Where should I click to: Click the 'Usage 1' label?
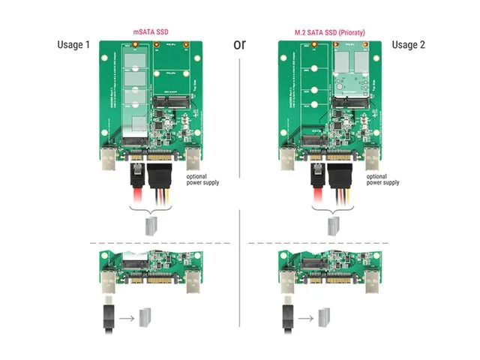pyautogui.click(x=73, y=45)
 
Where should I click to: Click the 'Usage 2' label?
pyautogui.click(x=407, y=45)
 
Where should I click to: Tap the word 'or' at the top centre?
pyautogui.click(x=240, y=43)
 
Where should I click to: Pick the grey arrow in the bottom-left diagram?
pyautogui.click(x=127, y=318)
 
